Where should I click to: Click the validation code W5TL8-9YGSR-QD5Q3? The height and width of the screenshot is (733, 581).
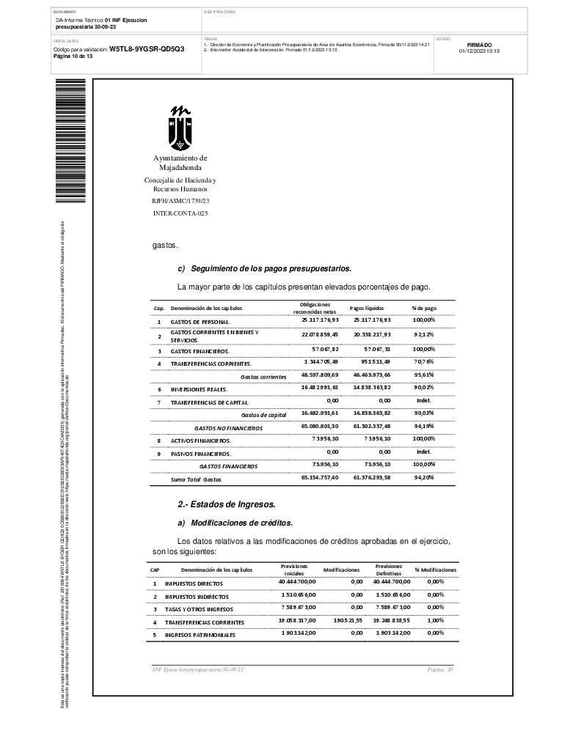pyautogui.click(x=147, y=49)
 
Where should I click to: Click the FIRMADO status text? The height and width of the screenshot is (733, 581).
pyautogui.click(x=479, y=45)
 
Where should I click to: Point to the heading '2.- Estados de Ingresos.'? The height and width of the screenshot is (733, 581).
pyautogui.click(x=227, y=504)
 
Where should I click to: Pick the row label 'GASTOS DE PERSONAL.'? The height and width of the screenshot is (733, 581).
pyautogui.click(x=200, y=322)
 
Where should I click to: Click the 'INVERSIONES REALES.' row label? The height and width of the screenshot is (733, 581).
pyautogui.click(x=199, y=388)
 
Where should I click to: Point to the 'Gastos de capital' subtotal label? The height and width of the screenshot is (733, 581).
pyautogui.click(x=263, y=415)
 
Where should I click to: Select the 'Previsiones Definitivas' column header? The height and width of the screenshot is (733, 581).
pyautogui.click(x=388, y=570)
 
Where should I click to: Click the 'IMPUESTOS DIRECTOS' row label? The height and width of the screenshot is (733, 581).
pyautogui.click(x=194, y=584)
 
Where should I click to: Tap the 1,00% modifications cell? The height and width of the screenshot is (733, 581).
pyautogui.click(x=436, y=620)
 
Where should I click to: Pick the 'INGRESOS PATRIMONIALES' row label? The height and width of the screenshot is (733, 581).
pyautogui.click(x=200, y=635)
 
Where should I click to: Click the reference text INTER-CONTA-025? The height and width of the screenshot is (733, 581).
pyautogui.click(x=180, y=213)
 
